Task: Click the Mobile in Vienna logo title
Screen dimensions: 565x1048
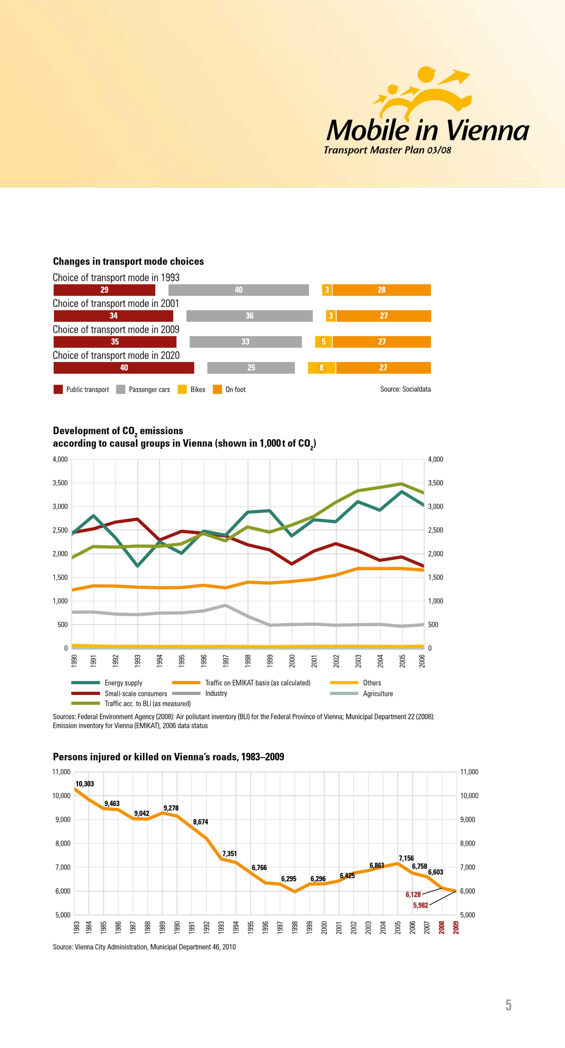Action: tap(428, 130)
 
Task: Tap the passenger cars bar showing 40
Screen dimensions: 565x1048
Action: tap(238, 290)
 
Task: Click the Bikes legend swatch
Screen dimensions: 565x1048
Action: tap(182, 389)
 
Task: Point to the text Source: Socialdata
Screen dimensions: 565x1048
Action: tap(405, 389)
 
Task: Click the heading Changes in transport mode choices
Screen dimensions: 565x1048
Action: tap(128, 261)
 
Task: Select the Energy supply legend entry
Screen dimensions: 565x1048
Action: tap(107, 683)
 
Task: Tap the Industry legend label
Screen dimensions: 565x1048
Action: tap(216, 693)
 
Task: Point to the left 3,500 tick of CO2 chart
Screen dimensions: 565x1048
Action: tap(60, 483)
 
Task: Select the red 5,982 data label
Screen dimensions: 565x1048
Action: tap(420, 905)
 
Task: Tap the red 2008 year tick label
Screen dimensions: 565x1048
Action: tap(442, 927)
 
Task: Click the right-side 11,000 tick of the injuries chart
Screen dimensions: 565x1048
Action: tap(469, 772)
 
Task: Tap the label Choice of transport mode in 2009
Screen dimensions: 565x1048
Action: tap(116, 329)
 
